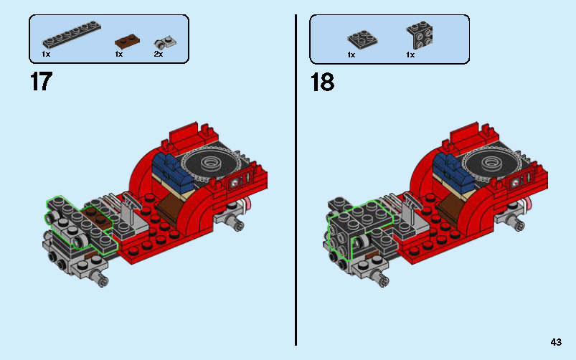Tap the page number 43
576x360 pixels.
[x=556, y=342]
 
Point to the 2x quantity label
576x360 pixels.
[x=159, y=54]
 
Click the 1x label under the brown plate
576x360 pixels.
[x=118, y=54]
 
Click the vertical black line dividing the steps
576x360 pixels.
[x=296, y=179]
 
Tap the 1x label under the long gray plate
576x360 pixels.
[x=47, y=54]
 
